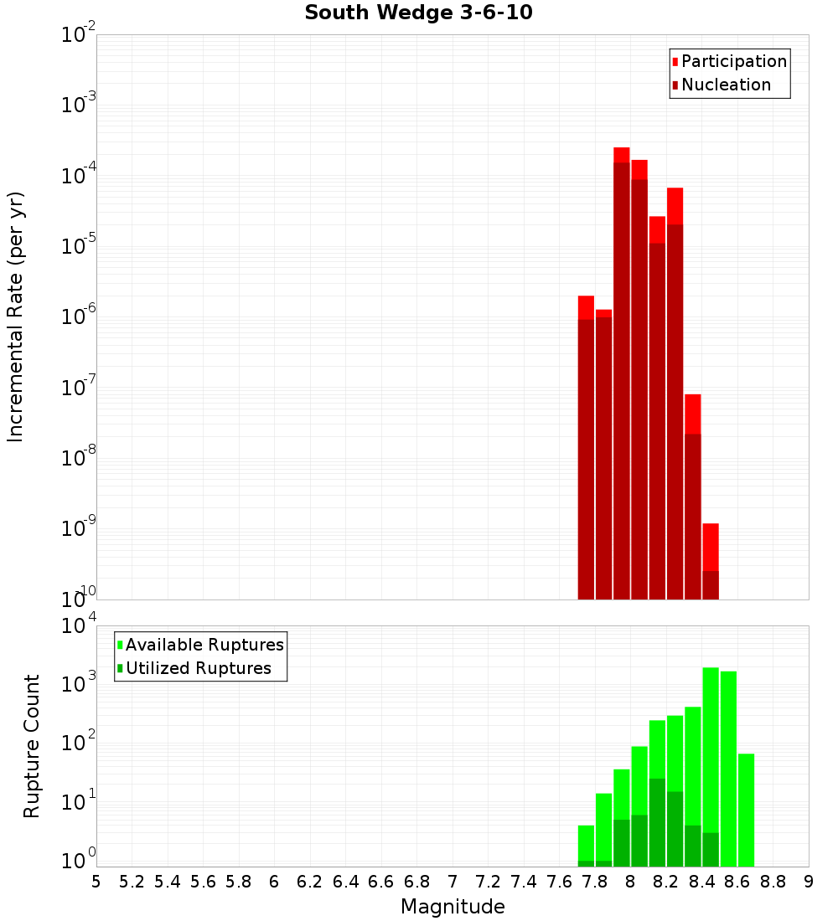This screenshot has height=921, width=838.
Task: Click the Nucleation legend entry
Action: tap(725, 85)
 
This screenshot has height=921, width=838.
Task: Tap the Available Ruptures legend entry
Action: tap(204, 645)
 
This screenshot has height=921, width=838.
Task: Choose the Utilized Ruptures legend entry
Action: tap(198, 668)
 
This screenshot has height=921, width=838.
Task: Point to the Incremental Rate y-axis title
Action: tap(16, 316)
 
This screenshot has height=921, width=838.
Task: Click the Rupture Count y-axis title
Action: tap(32, 745)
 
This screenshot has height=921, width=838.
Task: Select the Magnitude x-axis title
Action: tap(453, 907)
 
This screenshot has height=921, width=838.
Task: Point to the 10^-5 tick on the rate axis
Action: tap(79, 246)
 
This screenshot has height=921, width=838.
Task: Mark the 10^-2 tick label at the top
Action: tap(79, 35)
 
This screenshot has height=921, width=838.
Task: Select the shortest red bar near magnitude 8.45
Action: tap(711, 561)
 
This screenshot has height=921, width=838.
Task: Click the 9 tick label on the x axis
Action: tap(809, 882)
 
